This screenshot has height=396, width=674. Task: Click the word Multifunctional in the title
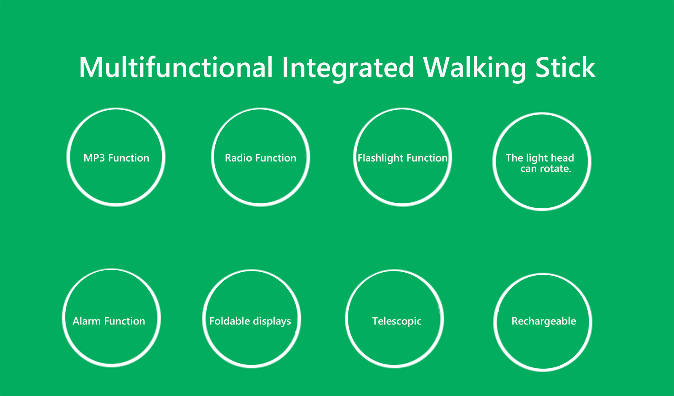(x=176, y=67)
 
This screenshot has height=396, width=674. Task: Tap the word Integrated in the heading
(x=348, y=69)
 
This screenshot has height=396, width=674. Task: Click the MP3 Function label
(x=116, y=158)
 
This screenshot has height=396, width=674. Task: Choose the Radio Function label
(x=261, y=158)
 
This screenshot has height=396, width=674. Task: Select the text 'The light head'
(x=540, y=158)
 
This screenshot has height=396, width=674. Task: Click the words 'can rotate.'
(x=546, y=169)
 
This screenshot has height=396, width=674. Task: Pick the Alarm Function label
(x=109, y=321)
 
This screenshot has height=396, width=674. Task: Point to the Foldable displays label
(x=250, y=322)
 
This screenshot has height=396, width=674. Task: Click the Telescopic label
(x=396, y=322)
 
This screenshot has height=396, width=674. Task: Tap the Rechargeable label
(x=544, y=322)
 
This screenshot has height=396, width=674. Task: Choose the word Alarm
(x=87, y=321)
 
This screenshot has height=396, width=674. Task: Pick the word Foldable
(x=230, y=321)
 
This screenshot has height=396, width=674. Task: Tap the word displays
(x=272, y=322)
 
